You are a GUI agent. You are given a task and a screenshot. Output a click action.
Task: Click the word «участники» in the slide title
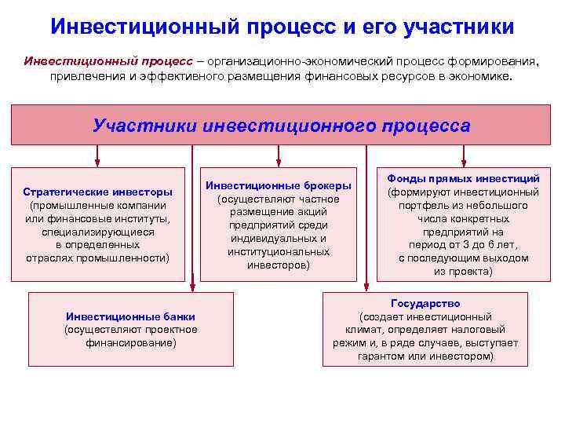[458, 27]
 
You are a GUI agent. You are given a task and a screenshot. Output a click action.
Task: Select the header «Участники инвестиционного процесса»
[282, 126]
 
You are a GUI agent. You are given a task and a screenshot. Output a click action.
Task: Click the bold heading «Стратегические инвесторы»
[98, 191]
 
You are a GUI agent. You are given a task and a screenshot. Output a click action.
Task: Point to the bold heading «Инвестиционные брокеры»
[279, 186]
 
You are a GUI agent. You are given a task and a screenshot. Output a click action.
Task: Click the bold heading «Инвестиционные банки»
[131, 316]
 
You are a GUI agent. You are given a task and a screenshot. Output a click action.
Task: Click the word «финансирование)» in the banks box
[131, 343]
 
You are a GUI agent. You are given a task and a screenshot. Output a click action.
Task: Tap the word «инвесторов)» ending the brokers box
[279, 265]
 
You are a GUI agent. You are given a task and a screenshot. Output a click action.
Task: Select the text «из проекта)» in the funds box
[464, 271]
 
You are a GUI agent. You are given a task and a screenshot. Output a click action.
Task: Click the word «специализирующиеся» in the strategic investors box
[98, 231]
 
